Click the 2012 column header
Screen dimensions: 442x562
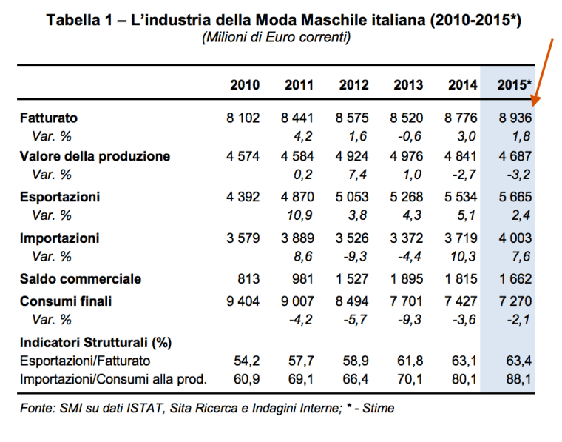(353, 85)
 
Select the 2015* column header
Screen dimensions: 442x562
(515, 85)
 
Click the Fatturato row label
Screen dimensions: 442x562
(49, 118)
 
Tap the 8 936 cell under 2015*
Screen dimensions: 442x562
(515, 118)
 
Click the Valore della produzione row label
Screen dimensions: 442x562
(95, 156)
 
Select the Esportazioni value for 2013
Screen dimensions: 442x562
(407, 198)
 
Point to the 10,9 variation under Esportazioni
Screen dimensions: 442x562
(301, 215)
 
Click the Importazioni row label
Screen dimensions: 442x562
(59, 238)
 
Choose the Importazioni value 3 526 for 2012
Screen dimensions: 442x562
(353, 238)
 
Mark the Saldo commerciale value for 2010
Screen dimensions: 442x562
(249, 279)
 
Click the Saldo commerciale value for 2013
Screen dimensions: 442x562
(407, 279)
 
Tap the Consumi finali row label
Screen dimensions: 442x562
(67, 301)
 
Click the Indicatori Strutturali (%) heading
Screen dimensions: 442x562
(96, 342)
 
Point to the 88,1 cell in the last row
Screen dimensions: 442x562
(520, 380)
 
